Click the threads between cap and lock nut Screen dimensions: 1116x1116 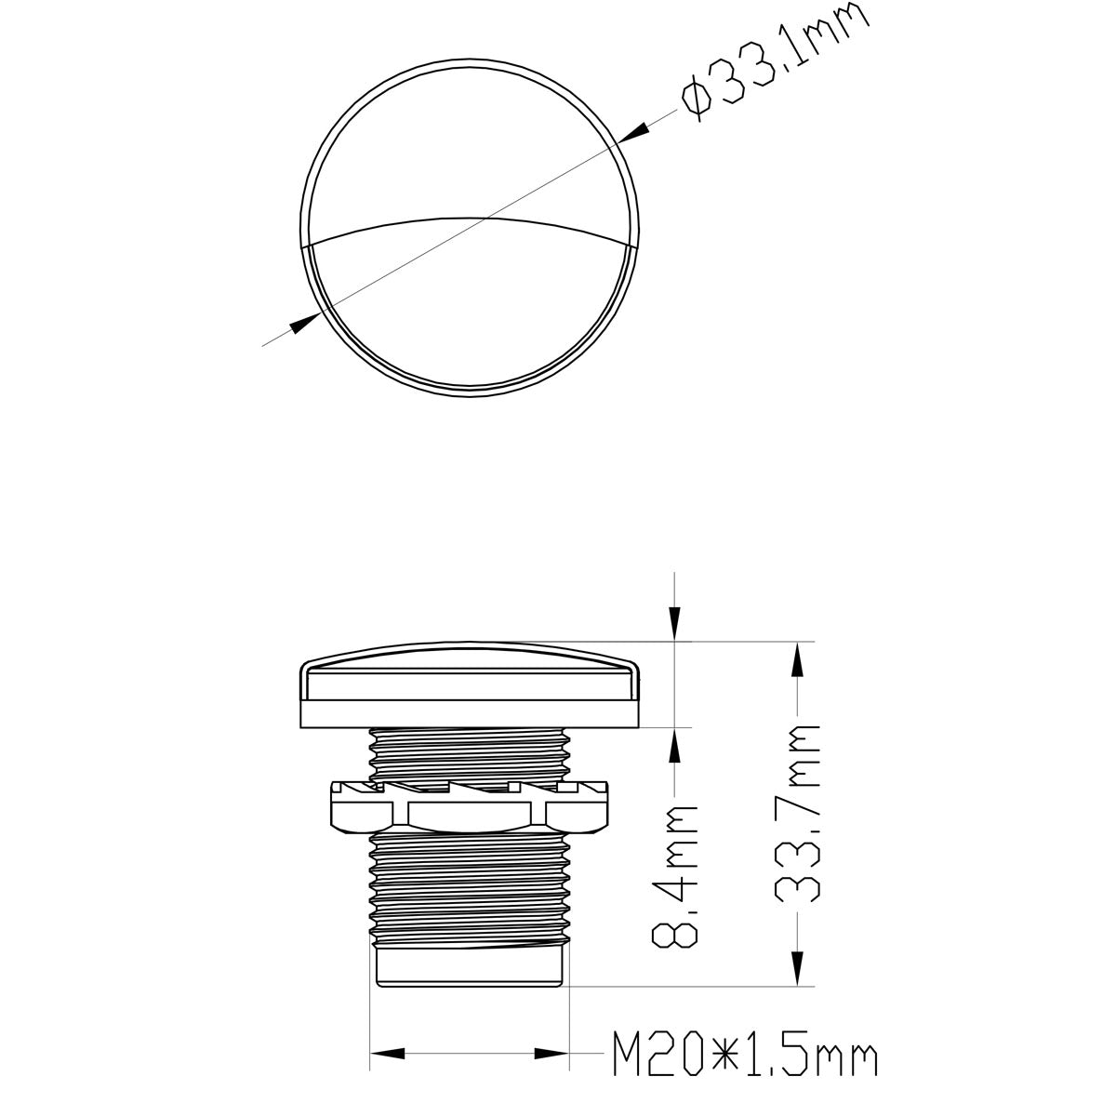pyautogui.click(x=470, y=753)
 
